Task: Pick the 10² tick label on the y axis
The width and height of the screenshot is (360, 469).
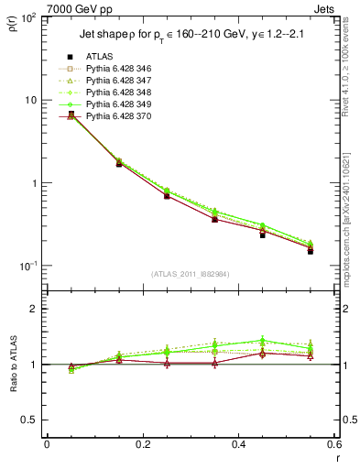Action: click(30, 18)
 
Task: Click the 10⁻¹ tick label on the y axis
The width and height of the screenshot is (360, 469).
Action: click(30, 266)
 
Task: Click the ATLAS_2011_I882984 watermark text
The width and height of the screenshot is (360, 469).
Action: click(190, 274)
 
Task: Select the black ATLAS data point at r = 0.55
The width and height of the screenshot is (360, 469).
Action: click(311, 250)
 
